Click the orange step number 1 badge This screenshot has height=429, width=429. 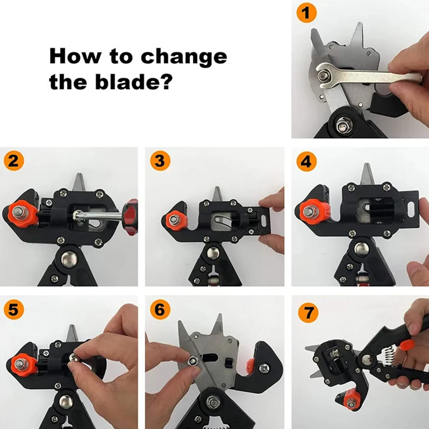click(x=306, y=12)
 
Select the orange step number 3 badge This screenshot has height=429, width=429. click(x=160, y=161)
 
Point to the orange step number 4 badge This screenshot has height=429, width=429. click(x=306, y=162)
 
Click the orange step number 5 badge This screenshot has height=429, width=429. click(x=14, y=309)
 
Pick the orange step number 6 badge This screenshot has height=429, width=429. click(x=160, y=309)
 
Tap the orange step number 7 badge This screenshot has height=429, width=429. click(x=308, y=312)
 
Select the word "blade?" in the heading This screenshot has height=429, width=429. click(x=134, y=81)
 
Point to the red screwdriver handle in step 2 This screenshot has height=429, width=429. click(x=131, y=218)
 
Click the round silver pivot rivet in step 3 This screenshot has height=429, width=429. click(x=212, y=253)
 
